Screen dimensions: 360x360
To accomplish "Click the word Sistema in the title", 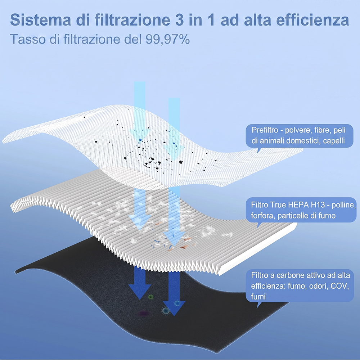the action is [41, 20].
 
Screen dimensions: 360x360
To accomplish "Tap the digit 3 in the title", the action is [177, 20].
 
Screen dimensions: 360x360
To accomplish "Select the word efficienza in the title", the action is [312, 20].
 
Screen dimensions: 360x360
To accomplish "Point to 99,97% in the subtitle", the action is [167, 39].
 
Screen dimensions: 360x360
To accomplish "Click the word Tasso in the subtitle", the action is [28, 39].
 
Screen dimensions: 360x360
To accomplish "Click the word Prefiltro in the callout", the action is [265, 130].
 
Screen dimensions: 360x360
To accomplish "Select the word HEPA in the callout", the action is [298, 204].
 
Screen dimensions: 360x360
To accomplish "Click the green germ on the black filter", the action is [150, 297].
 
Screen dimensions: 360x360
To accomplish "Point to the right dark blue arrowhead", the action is [174, 308].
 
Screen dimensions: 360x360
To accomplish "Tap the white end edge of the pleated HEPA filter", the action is [257, 249].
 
